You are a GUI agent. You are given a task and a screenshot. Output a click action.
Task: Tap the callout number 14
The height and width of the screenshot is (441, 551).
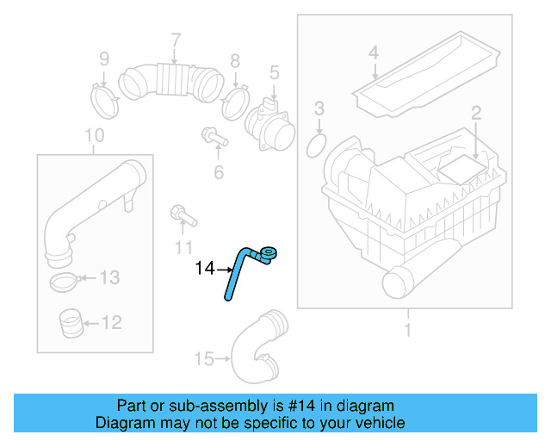coord(205,268)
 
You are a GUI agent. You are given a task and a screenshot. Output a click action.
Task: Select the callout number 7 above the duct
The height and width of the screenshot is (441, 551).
coord(176,40)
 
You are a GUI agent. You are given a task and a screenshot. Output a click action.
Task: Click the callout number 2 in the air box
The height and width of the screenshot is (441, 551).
coord(474,112)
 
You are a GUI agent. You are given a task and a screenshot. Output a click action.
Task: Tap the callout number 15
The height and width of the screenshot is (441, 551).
coord(203,358)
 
